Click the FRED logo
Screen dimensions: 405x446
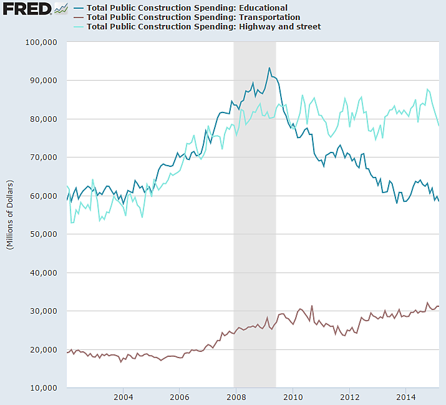pos(27,9)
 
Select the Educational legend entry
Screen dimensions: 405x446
pos(187,8)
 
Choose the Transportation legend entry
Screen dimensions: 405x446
pos(193,17)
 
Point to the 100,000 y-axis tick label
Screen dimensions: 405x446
pos(41,42)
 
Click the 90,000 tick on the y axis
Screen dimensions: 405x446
pos(43,81)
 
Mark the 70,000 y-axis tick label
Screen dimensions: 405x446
pos(43,157)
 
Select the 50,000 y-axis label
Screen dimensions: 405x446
pos(43,234)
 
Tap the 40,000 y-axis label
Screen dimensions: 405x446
pos(43,273)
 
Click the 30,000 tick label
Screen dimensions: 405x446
pos(43,311)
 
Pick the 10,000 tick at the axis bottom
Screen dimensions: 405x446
pos(43,388)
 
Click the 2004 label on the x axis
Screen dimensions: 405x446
pos(123,397)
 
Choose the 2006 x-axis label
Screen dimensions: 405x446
pos(180,397)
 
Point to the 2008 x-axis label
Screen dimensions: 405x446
pos(236,397)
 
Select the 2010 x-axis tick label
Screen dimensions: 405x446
pos(293,397)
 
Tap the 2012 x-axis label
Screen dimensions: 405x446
pos(350,397)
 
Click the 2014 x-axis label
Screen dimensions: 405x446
pos(406,397)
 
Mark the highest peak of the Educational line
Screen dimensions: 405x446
pos(269,67)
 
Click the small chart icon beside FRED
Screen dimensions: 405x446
pos(61,9)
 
